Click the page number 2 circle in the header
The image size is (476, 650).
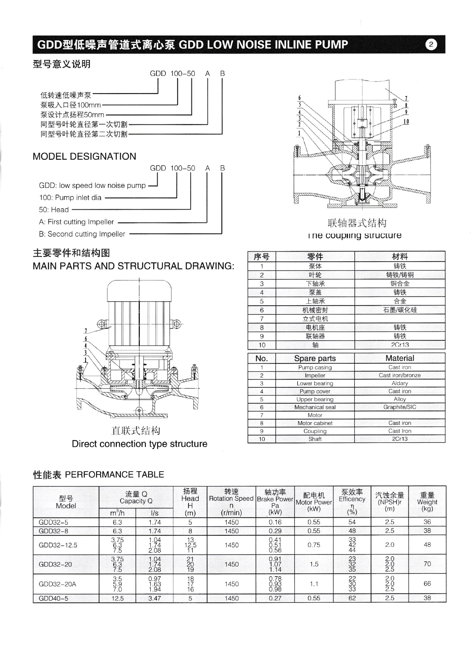(x=431, y=45)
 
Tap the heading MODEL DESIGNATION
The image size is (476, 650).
(x=84, y=156)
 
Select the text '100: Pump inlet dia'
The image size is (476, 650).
(x=70, y=198)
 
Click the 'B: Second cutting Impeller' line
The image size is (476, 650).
(x=82, y=234)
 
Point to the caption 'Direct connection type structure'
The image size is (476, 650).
(x=139, y=444)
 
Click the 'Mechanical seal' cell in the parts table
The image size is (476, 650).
(x=315, y=407)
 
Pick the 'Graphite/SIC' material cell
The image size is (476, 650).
(x=399, y=407)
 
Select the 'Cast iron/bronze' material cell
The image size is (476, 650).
(x=399, y=375)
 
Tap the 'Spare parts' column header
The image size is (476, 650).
(x=315, y=359)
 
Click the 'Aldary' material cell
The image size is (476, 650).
(x=399, y=383)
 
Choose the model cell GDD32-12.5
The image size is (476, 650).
(x=58, y=545)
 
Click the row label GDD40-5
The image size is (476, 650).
(x=53, y=599)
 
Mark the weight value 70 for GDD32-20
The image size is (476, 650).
(x=427, y=564)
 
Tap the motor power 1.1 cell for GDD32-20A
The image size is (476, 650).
(x=314, y=584)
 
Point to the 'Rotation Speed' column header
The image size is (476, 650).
(x=231, y=499)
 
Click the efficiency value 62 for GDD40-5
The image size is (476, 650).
(x=352, y=598)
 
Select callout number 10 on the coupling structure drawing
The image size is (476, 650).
(x=406, y=122)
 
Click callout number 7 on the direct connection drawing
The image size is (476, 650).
(x=86, y=331)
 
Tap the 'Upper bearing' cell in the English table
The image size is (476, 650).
(x=315, y=399)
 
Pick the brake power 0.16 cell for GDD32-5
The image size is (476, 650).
(x=275, y=522)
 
